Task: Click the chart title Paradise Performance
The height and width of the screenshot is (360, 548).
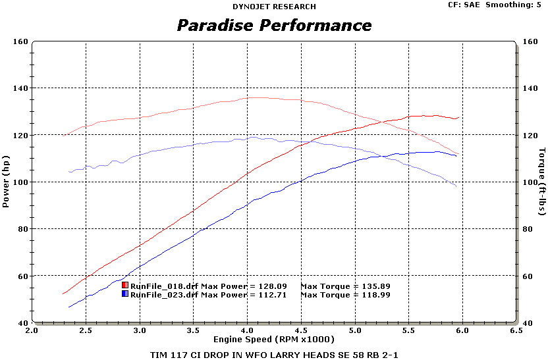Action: (x=274, y=26)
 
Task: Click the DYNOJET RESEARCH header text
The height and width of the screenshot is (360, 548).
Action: (x=274, y=7)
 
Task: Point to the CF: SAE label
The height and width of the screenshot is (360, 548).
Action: (x=464, y=5)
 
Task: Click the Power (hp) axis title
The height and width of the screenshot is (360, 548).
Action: (x=6, y=182)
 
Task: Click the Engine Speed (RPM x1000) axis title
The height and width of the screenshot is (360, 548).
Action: (x=273, y=339)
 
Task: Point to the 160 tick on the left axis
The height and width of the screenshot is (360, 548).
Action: (x=20, y=41)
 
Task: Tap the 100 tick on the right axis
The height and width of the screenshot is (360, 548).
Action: (x=528, y=182)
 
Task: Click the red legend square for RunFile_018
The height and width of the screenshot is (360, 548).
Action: (x=125, y=285)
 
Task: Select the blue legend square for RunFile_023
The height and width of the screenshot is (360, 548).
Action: (x=125, y=294)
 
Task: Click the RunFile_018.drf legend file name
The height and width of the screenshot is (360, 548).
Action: (x=164, y=286)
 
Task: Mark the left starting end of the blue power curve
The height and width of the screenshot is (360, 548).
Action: (x=68, y=307)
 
